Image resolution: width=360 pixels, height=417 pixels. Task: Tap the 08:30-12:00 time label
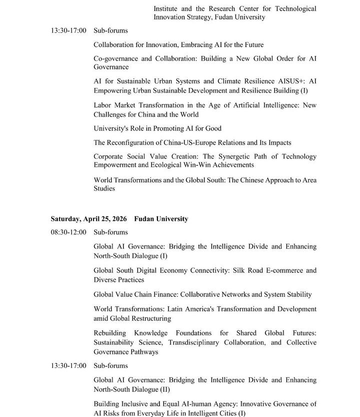(x=68, y=232)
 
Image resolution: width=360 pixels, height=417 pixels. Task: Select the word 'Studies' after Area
(x=104, y=189)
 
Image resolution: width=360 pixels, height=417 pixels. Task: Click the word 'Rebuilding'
(x=110, y=333)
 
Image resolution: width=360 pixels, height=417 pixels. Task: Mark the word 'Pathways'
(x=144, y=352)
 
